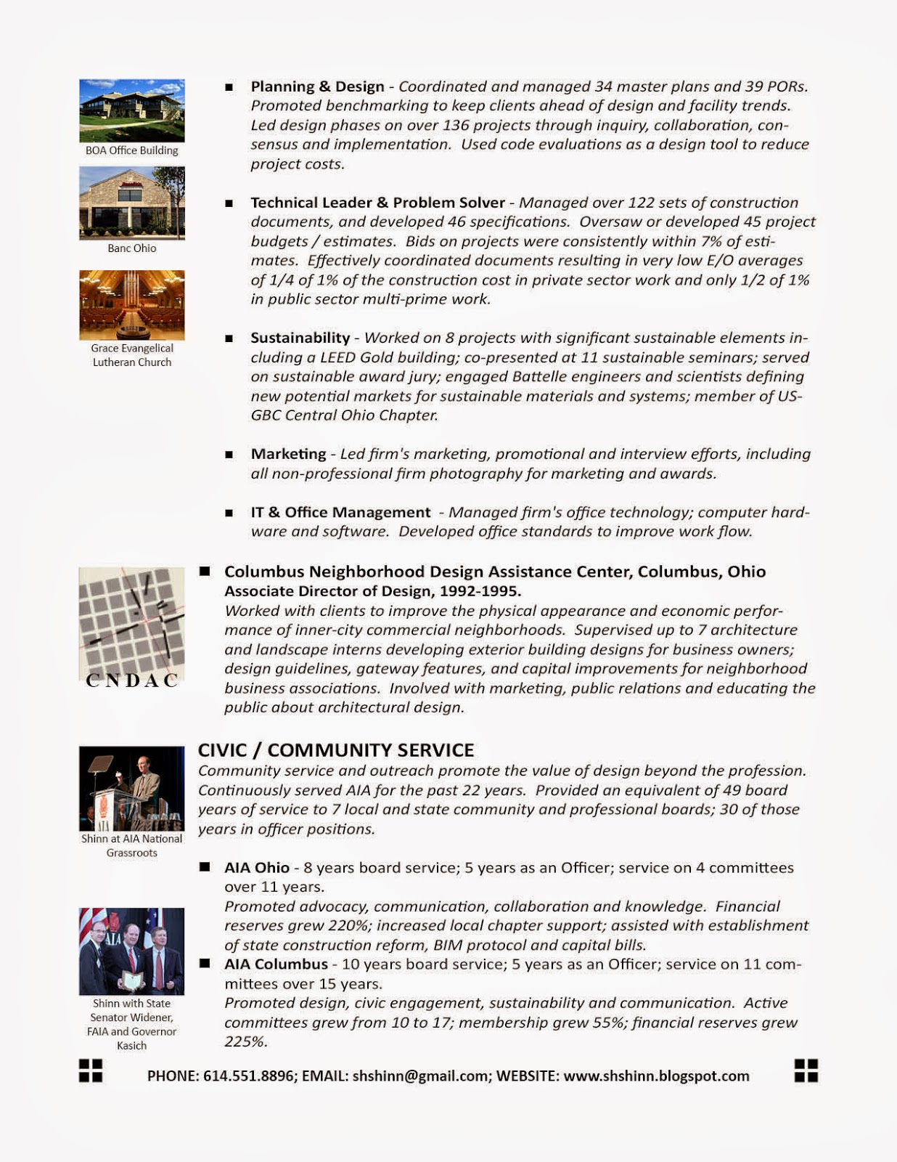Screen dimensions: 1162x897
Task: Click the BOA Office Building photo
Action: tap(131, 110)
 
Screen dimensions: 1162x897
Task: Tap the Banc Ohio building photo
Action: tap(131, 203)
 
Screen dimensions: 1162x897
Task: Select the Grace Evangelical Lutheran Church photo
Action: tap(131, 305)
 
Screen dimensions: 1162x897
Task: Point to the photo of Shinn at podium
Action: tap(131, 788)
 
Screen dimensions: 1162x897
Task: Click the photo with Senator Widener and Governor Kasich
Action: tap(131, 951)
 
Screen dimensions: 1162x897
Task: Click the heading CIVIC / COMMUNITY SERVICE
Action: tap(336, 750)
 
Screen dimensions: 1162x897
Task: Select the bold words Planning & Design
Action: tap(317, 86)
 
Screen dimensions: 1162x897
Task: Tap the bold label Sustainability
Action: tap(300, 338)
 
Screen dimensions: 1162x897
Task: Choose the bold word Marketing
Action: tap(288, 454)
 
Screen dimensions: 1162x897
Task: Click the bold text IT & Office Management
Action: tap(340, 512)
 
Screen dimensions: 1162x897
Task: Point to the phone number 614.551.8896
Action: tap(250, 1076)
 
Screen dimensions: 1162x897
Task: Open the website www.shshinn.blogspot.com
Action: tap(656, 1076)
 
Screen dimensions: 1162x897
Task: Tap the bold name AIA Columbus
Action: tap(276, 964)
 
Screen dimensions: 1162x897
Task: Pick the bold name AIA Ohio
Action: tap(257, 868)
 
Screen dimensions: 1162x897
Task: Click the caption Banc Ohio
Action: tap(131, 248)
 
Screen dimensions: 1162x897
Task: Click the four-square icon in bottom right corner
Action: tap(806, 1070)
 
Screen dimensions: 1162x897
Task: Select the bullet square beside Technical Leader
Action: tap(229, 203)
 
